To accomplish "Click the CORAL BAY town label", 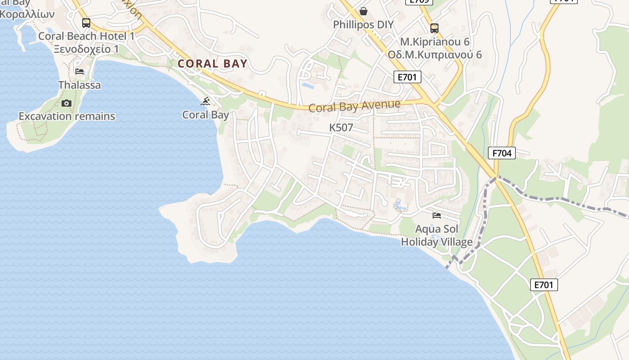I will pos(213,63).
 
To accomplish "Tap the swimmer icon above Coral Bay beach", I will pos(206,101).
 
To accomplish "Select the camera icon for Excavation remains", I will pos(66,103).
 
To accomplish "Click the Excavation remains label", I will pos(66,116).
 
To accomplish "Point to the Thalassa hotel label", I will pos(80,85).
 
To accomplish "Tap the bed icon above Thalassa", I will pos(80,71).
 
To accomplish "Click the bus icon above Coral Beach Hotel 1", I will pos(86,22).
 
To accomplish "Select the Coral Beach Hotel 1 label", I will pos(86,36).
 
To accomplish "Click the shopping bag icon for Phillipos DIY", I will pos(363,11).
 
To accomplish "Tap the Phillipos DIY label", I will pos(363,24).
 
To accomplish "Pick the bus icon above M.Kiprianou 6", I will pos(434,28).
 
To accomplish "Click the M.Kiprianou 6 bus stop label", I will pos(434,42).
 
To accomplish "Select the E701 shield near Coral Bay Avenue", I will pos(408,77).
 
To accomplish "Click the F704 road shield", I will pos(502,153).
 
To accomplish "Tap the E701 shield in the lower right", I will pos(544,284).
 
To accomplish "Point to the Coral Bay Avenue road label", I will pos(354,106).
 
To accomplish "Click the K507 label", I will pos(341,128).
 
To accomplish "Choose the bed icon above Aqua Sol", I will pos(436,216).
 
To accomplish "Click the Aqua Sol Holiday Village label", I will pos(436,235).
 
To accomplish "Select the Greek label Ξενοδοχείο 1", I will pos(86,49).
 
